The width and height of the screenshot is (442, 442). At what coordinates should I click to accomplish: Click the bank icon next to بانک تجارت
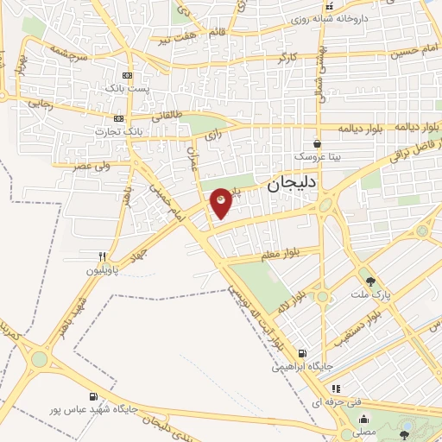[x=118, y=118]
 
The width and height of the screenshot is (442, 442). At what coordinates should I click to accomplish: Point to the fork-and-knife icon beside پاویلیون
[x=102, y=256]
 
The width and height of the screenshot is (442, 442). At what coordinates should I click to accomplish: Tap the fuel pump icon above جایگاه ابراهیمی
[x=301, y=352]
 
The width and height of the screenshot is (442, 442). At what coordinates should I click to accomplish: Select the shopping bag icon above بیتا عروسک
[x=318, y=144]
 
